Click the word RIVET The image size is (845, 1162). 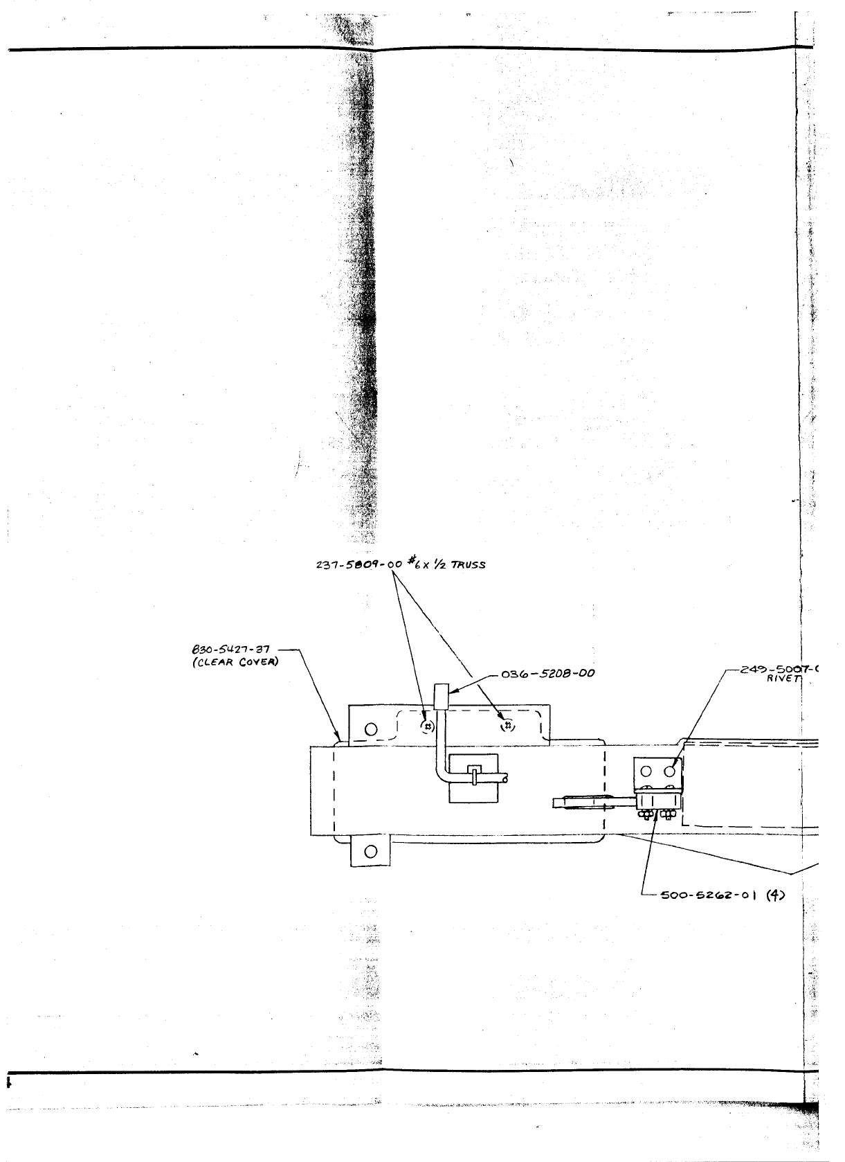783,679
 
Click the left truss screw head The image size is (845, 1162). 428,726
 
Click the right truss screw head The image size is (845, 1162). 508,725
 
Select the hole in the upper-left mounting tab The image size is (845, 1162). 371,729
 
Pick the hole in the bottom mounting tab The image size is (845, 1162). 370,851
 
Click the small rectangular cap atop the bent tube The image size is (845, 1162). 440,696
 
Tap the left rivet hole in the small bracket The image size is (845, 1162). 647,770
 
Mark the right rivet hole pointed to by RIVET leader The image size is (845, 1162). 669,770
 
